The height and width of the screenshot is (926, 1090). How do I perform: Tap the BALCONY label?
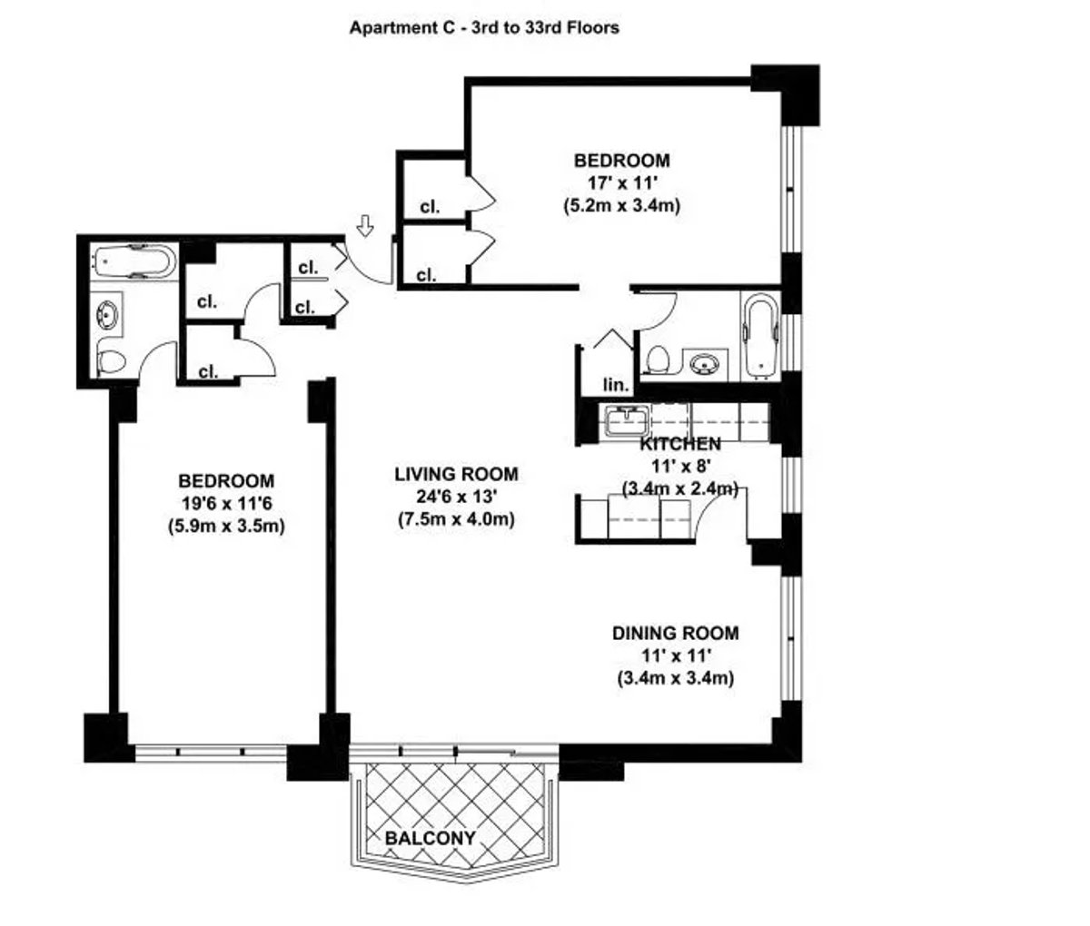click(x=430, y=838)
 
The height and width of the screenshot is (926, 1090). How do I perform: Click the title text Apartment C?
click(x=484, y=27)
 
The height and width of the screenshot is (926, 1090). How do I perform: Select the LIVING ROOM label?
click(x=456, y=474)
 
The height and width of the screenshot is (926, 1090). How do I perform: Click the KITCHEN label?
click(x=680, y=444)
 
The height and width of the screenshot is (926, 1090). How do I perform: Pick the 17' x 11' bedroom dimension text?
click(x=621, y=183)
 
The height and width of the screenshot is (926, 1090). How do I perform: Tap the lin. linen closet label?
click(x=616, y=386)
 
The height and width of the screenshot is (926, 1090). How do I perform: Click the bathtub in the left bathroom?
click(x=134, y=263)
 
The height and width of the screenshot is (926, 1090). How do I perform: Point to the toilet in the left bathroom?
click(x=112, y=362)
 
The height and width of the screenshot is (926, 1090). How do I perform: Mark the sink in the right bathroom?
click(x=702, y=365)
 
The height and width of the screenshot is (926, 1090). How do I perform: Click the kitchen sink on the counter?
click(x=627, y=419)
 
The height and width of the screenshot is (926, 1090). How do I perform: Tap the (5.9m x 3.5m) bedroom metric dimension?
click(x=226, y=526)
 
